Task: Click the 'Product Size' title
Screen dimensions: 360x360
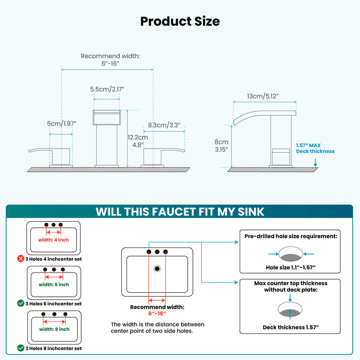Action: pyautogui.click(x=180, y=21)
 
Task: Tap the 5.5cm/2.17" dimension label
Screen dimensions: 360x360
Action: pyautogui.click(x=107, y=89)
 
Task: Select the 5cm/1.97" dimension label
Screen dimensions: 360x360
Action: pyautogui.click(x=61, y=123)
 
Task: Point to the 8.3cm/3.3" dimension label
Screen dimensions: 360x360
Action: pyautogui.click(x=164, y=124)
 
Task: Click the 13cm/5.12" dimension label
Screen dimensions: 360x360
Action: pyautogui.click(x=263, y=96)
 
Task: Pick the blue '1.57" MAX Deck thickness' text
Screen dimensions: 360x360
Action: pyautogui.click(x=315, y=148)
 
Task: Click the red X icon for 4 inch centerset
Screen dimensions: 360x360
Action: pyautogui.click(x=21, y=259)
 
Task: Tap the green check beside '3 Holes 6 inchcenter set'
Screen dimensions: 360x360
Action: pyautogui.click(x=21, y=303)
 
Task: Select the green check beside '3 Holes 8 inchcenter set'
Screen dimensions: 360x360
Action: pyautogui.click(x=21, y=348)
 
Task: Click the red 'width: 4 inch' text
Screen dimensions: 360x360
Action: pyautogui.click(x=53, y=240)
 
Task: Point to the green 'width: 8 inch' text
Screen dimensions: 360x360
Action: pyautogui.click(x=53, y=329)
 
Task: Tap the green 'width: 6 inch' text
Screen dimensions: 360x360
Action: pyautogui.click(x=53, y=284)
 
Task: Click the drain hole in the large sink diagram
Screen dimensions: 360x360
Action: pyautogui.click(x=157, y=268)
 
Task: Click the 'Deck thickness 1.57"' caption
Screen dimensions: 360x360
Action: pyautogui.click(x=291, y=327)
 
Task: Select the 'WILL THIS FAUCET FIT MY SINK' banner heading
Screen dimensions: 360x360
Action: pyautogui.click(x=180, y=211)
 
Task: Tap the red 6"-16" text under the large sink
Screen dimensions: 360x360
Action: pyautogui.click(x=157, y=314)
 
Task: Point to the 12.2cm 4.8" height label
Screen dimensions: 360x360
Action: pyautogui.click(x=137, y=141)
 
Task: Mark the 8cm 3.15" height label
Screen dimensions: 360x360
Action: pyautogui.click(x=221, y=146)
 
